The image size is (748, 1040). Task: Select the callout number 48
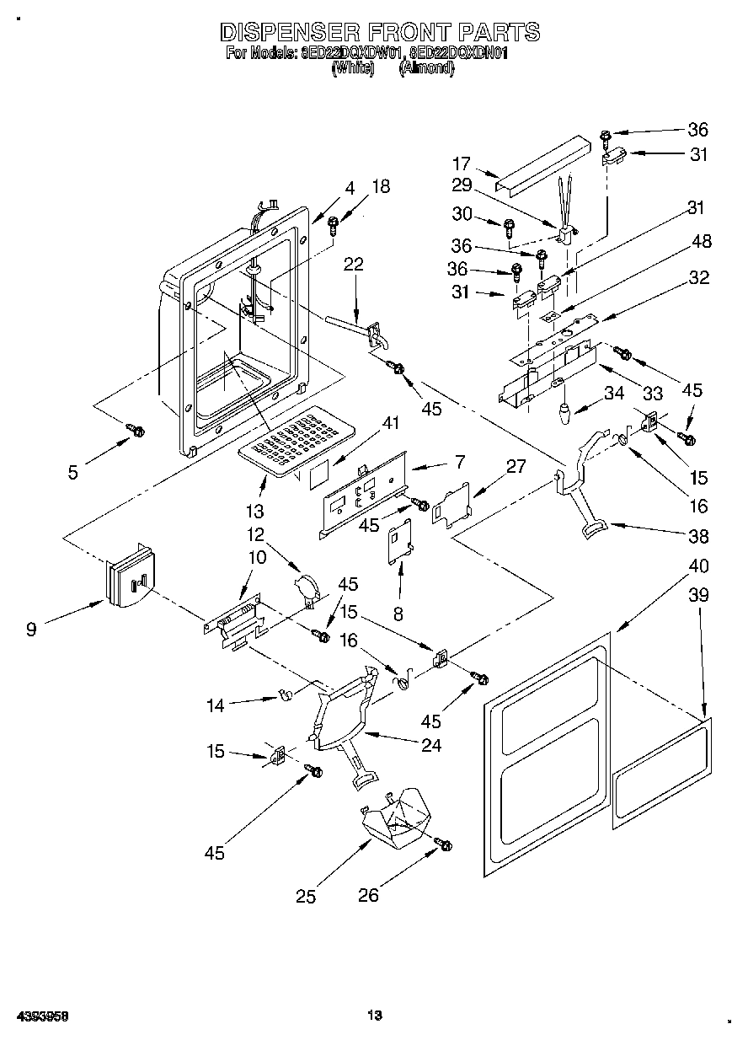coord(700,242)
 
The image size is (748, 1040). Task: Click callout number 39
coord(698,595)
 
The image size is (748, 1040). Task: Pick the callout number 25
coord(307,897)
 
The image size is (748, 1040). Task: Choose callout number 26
coord(369,896)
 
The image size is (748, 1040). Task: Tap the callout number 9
coord(31,629)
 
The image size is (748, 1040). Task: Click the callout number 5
coord(73,472)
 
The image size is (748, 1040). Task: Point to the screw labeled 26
coord(443,844)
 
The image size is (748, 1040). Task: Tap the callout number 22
coord(354,264)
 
